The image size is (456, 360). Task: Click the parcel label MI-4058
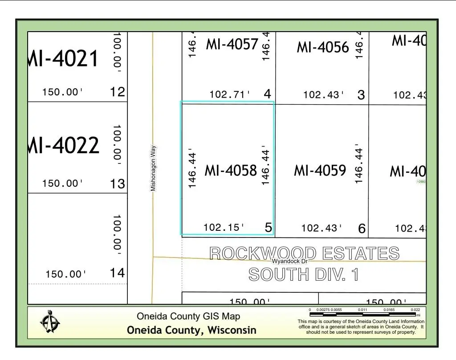pos(231,171)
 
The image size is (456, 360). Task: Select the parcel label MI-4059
pos(320,170)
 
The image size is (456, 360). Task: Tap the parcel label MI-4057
pos(232,44)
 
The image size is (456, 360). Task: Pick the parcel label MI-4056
pos(323,47)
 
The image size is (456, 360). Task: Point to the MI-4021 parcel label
pos(63,59)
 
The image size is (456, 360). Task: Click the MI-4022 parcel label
pos(64,145)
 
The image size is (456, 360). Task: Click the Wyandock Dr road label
pos(289,262)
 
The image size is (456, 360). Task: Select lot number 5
pos(269,228)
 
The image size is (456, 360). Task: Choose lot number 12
pos(118,92)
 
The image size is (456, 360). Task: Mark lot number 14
pos(118,273)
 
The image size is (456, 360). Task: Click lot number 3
pos(361,95)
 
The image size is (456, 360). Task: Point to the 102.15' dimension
pos(224,228)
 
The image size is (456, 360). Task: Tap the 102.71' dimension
pos(230,94)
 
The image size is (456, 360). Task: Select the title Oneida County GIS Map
pos(188,316)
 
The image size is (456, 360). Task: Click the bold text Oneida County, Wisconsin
pos(191,330)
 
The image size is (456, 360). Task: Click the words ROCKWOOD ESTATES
pos(304,254)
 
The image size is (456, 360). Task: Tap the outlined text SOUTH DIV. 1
pos(303,274)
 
